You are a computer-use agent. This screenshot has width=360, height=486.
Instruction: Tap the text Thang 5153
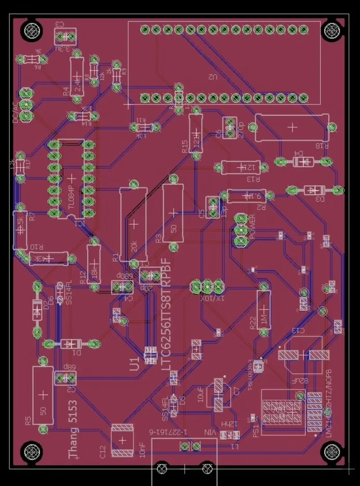(x=74, y=429)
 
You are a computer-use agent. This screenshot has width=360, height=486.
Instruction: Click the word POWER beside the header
(x=253, y=227)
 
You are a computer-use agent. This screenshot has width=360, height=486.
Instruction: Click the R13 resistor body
(x=242, y=167)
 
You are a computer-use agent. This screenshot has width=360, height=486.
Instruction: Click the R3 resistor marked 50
(x=173, y=213)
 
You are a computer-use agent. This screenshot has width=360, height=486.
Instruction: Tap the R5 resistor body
(x=43, y=395)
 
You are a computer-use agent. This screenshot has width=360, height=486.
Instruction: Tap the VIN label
(x=210, y=432)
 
